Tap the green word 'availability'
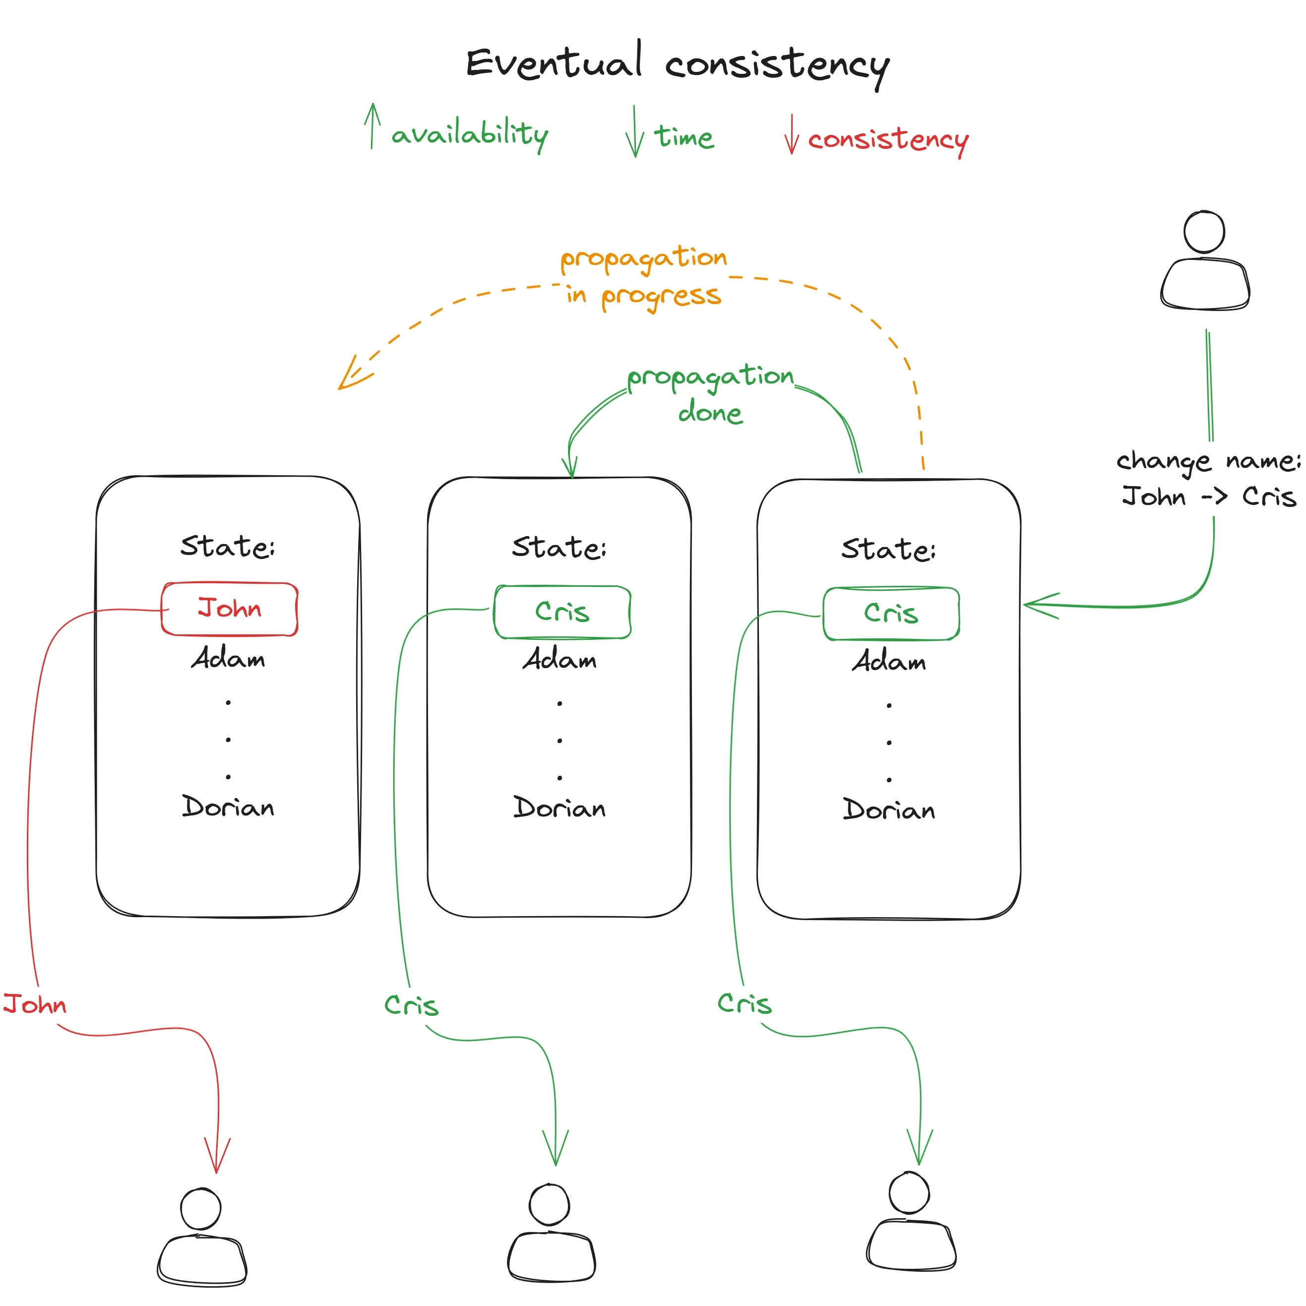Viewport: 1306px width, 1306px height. click(469, 134)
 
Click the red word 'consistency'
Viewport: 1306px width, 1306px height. click(887, 139)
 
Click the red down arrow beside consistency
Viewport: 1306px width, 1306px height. click(792, 134)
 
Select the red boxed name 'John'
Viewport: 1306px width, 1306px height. click(229, 609)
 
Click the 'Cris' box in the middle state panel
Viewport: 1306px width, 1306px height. click(562, 612)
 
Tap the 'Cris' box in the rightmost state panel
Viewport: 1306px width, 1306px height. click(890, 614)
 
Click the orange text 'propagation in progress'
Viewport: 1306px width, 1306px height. click(643, 277)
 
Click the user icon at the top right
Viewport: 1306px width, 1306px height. click(1205, 262)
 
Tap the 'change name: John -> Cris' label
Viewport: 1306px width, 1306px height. click(1208, 479)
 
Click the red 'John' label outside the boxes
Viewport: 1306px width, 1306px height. click(35, 1004)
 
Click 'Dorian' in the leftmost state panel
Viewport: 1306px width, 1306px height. click(229, 807)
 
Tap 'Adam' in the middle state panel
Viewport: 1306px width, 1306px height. click(560, 659)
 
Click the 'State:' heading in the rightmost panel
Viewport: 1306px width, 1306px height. click(888, 550)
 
